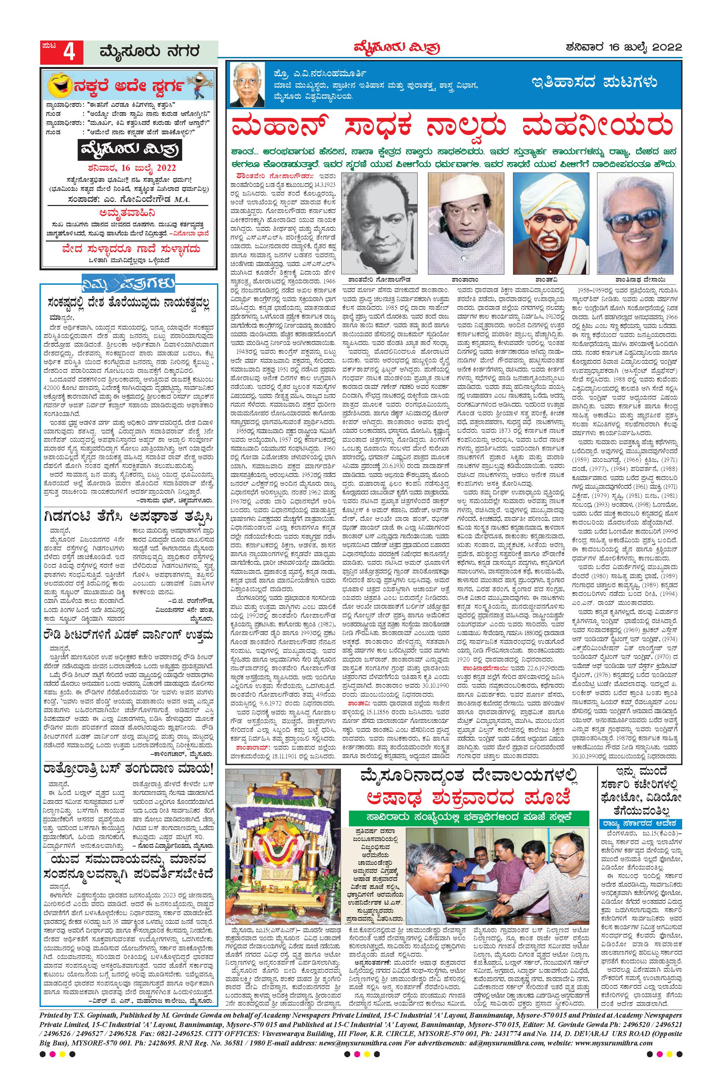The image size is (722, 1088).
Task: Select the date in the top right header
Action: pos(624,47)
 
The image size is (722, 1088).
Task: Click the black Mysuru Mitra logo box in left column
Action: pos(128,149)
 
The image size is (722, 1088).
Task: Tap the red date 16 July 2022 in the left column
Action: pos(128,167)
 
